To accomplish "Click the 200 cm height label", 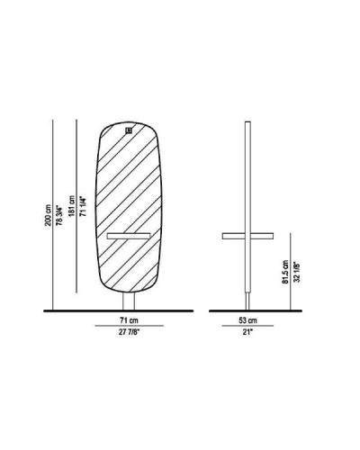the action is point(49,215).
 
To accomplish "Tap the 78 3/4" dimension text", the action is point(59,215).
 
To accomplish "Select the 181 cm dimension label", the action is point(72,206).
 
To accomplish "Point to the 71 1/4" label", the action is point(84,206).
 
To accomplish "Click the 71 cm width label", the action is point(130,320).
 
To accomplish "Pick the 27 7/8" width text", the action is point(130,332).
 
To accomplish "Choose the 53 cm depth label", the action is point(247,320).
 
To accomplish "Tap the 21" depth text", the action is point(247,332).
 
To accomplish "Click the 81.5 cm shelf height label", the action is point(285,272).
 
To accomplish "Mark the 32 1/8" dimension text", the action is point(297,272).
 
